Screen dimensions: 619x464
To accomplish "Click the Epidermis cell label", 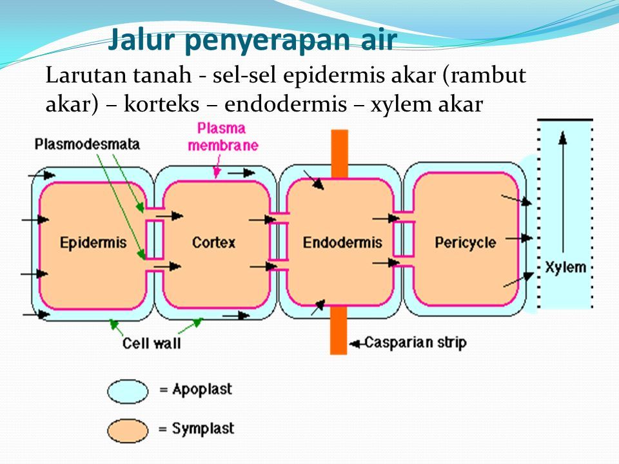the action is [x=93, y=242].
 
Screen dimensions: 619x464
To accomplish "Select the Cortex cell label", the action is [x=213, y=242].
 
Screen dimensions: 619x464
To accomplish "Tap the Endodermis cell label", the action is [x=342, y=242].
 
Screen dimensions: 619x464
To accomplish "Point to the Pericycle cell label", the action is [x=465, y=243].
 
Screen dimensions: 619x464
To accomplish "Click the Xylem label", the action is [x=565, y=267].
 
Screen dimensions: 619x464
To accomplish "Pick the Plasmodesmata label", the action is [x=87, y=144].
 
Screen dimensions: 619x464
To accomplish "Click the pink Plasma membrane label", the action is [x=222, y=137].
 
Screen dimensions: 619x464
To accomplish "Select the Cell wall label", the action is [x=152, y=343].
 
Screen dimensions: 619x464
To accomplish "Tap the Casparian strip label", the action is [x=415, y=342].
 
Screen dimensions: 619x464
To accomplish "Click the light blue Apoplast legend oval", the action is [x=128, y=391].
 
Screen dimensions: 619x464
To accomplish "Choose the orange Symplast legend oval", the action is [x=128, y=430].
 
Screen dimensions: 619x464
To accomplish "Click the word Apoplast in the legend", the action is [x=202, y=390].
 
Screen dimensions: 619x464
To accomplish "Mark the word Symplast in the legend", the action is [x=203, y=429].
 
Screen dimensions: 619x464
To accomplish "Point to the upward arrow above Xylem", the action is [x=563, y=192].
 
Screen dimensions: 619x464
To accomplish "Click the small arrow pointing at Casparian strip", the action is [x=356, y=344].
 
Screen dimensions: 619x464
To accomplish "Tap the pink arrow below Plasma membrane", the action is [x=217, y=166].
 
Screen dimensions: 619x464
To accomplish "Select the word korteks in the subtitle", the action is [x=161, y=104].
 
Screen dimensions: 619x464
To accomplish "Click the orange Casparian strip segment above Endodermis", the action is [x=340, y=153].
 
